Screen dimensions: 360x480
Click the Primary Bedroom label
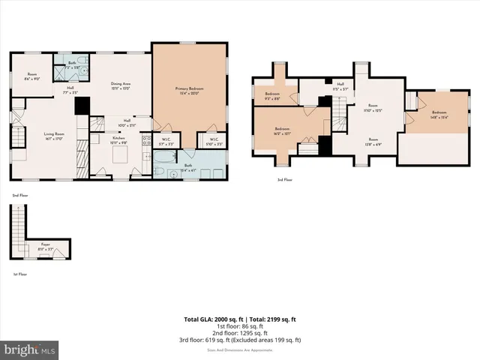tap(190, 90)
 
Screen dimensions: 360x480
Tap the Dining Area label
tap(121, 85)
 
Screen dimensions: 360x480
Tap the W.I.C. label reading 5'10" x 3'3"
tap(213, 140)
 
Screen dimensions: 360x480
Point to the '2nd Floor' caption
tap(20, 195)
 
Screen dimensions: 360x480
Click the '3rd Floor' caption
tap(285, 180)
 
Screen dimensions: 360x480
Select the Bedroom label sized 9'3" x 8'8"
tap(271, 96)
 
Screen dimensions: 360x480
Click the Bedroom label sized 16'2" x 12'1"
tap(283, 132)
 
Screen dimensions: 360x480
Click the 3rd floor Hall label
tap(340, 85)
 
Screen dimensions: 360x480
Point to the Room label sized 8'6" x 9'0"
tap(32, 76)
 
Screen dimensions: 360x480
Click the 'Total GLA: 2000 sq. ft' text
tap(213, 319)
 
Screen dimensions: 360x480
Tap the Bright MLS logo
tap(30, 349)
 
